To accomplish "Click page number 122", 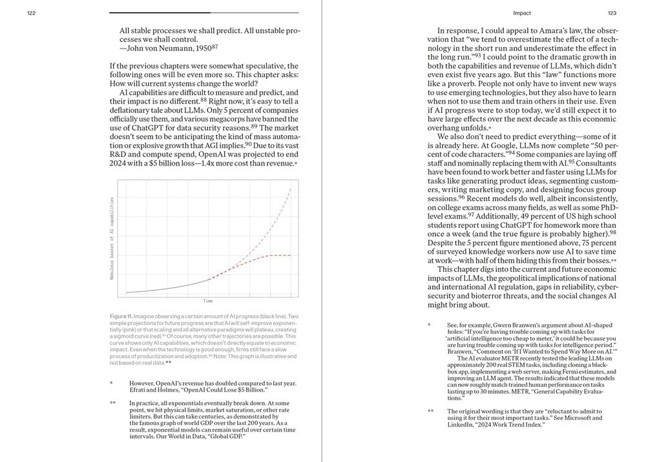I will pyautogui.click(x=31, y=13).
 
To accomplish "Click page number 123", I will pyautogui.click(x=612, y=13).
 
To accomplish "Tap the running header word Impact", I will pyautogui.click(x=522, y=13).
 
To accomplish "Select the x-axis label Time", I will pyautogui.click(x=208, y=302).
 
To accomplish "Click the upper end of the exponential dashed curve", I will pyautogui.click(x=291, y=188).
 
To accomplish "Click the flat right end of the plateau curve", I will pyautogui.click(x=289, y=255).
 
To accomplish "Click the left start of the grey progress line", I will pyautogui.click(x=127, y=292).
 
